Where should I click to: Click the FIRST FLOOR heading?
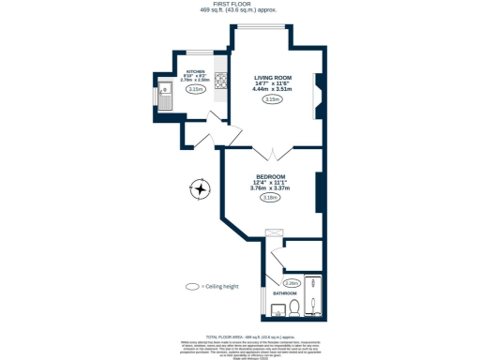click(239, 5)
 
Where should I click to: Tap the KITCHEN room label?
click(195, 71)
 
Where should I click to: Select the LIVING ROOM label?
click(272, 79)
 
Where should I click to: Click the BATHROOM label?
click(284, 293)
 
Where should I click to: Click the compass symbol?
click(199, 188)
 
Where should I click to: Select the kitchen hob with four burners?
click(221, 82)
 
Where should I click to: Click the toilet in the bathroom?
click(293, 308)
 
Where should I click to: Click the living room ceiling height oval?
click(272, 99)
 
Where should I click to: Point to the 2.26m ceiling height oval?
click(291, 282)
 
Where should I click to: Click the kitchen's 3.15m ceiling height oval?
click(195, 89)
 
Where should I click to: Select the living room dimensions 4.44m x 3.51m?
click(272, 89)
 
